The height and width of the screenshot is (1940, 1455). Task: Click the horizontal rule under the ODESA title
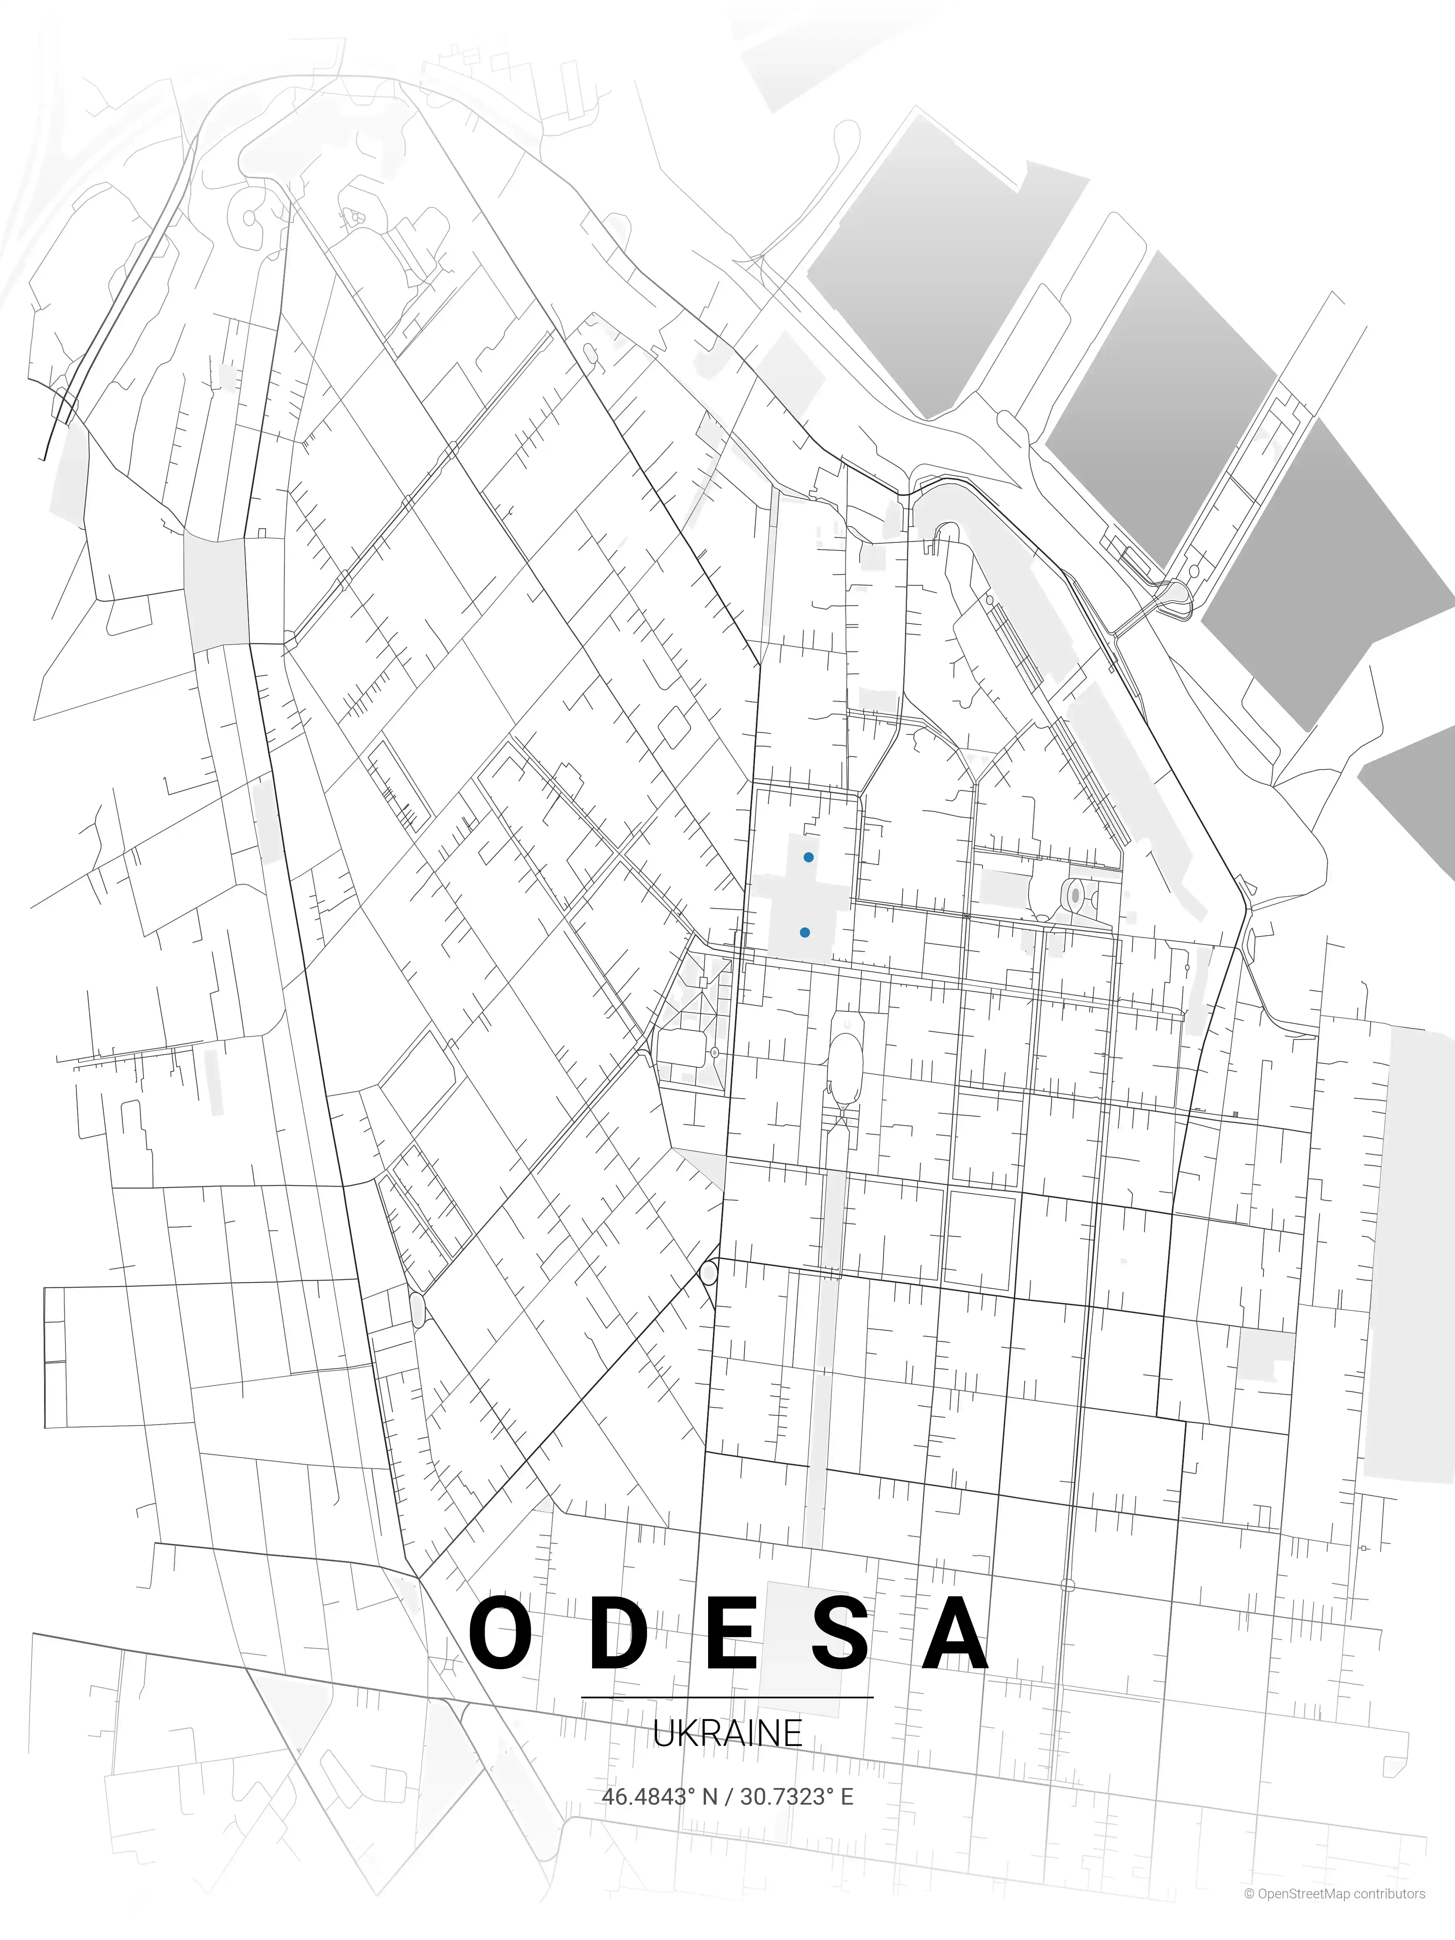(x=727, y=1697)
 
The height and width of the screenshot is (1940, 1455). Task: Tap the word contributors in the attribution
(x=1389, y=1918)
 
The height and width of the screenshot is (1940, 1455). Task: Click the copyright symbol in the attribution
(x=1249, y=1918)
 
